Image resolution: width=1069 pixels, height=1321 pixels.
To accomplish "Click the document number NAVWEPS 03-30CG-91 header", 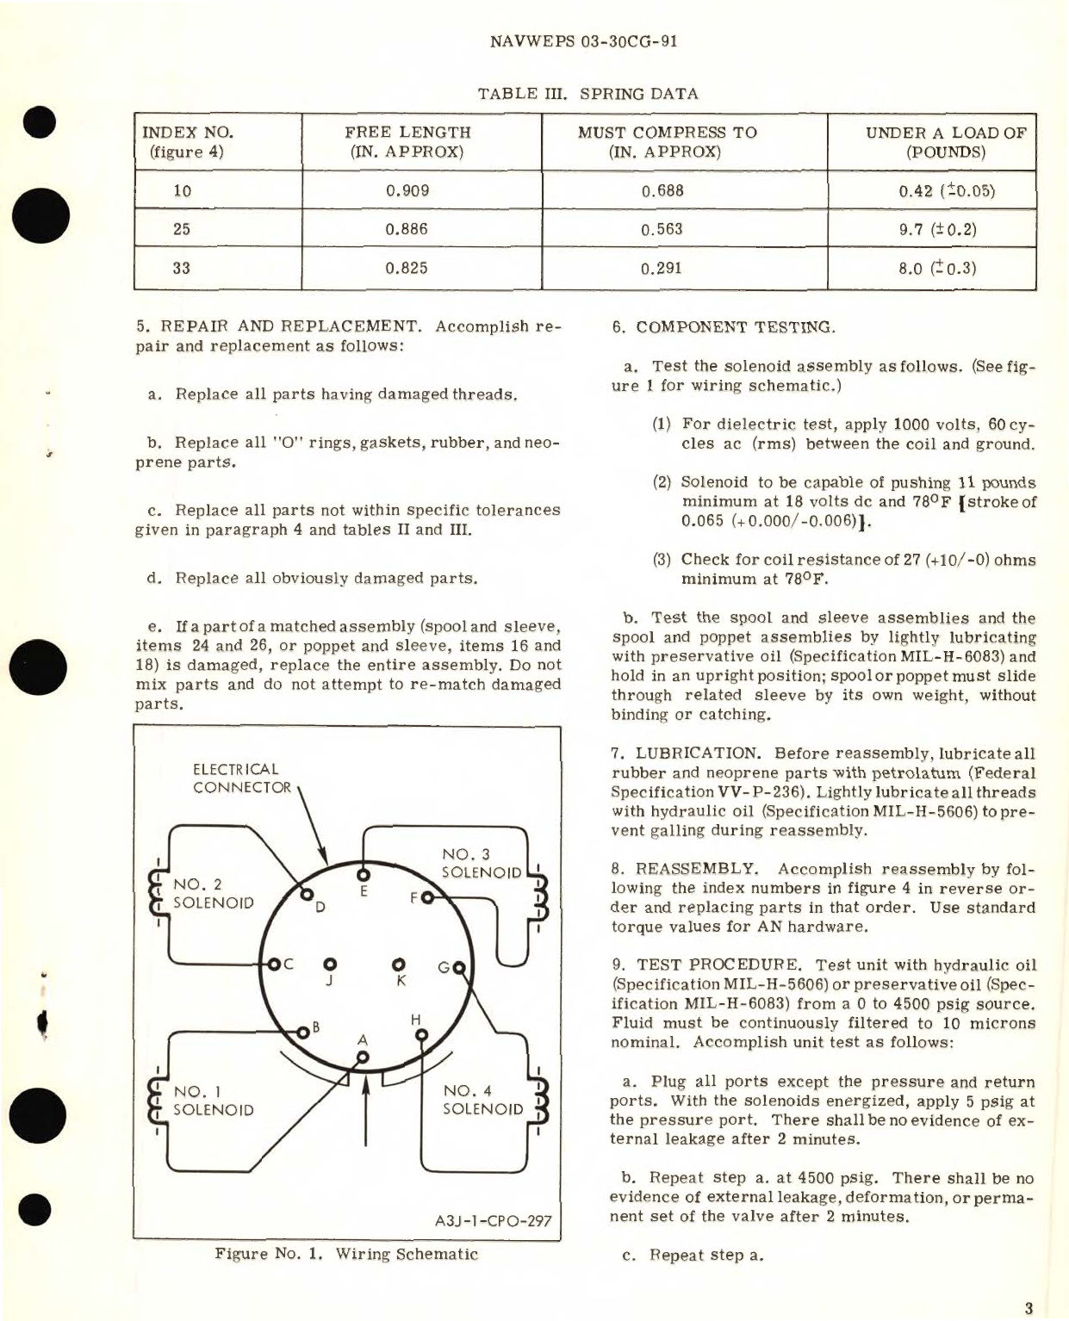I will click(582, 41).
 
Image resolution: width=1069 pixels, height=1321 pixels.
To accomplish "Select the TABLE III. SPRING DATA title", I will click(587, 94).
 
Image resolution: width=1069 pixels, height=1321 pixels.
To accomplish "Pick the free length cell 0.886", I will click(407, 229).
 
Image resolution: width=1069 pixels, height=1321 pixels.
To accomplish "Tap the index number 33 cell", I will click(182, 268).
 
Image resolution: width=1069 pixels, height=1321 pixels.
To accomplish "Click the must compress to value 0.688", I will click(662, 190).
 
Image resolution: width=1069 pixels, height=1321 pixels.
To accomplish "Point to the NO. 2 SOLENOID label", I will click(213, 894).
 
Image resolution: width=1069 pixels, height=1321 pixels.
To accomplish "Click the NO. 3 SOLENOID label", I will click(481, 863).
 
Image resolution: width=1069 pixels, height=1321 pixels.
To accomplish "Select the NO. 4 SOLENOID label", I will click(482, 1100).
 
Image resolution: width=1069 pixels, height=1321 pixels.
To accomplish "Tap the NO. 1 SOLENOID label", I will click(213, 1101).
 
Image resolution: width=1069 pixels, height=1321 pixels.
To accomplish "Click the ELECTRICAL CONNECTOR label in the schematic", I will click(241, 778).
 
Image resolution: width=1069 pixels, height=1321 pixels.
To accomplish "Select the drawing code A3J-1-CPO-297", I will click(493, 1220).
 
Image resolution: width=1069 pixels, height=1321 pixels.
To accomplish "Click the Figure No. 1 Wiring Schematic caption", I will click(346, 1254).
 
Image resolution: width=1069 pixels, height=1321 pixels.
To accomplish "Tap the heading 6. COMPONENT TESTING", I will click(723, 327).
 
